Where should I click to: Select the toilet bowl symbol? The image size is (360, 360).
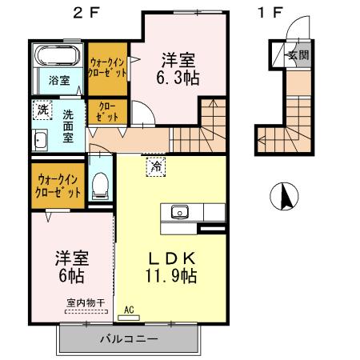click(101, 186)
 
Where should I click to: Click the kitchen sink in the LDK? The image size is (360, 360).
click(178, 212)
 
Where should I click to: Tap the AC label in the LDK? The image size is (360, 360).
click(129, 307)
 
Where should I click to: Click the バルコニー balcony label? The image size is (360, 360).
click(128, 338)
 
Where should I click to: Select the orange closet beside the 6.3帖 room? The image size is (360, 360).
click(106, 66)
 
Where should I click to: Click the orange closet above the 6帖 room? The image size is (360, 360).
click(58, 187)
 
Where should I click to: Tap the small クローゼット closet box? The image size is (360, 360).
click(107, 111)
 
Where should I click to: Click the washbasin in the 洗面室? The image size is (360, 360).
click(41, 140)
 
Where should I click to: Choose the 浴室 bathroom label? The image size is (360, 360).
click(58, 81)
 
